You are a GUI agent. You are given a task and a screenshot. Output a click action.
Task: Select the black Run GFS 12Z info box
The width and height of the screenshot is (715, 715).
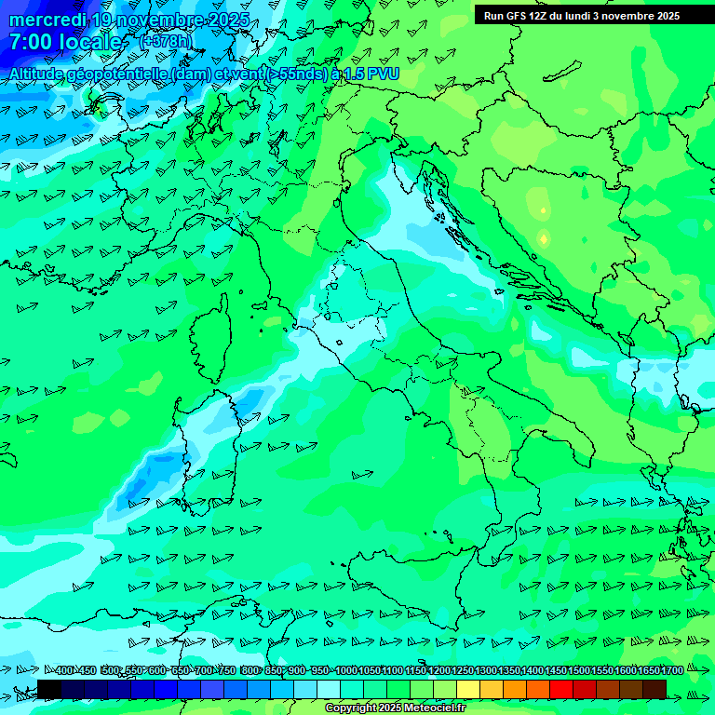[x=582, y=15]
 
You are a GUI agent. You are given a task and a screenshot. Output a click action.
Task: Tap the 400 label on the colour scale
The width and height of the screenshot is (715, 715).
[x=64, y=670]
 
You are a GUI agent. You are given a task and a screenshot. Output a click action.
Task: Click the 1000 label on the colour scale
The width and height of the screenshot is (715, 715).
[x=346, y=670]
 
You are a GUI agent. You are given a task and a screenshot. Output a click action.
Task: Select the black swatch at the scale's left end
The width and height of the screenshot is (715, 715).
[x=49, y=689]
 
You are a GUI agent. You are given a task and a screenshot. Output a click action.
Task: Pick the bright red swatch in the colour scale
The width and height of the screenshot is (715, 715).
[x=561, y=689]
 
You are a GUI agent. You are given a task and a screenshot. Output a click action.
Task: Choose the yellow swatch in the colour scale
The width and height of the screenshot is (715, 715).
[x=468, y=689]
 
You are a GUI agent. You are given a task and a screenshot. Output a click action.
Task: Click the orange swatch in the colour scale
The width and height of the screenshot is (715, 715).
[x=515, y=689]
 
